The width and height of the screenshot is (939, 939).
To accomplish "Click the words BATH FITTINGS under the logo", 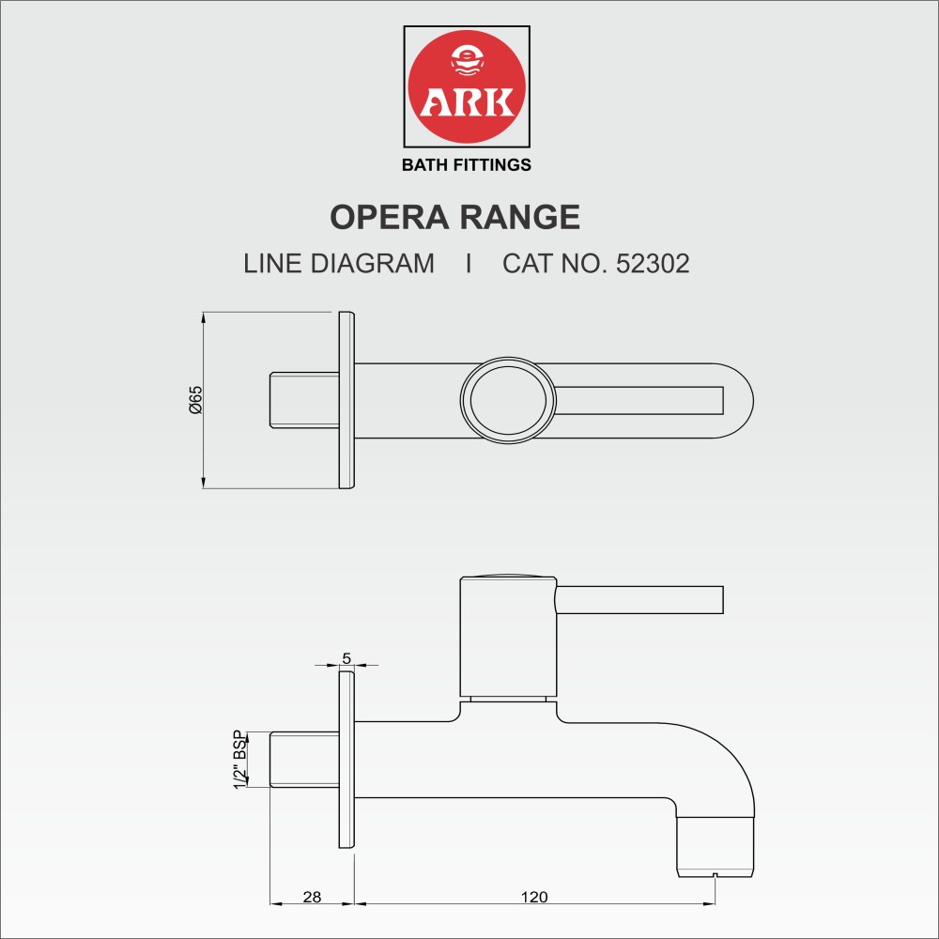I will coord(467,165).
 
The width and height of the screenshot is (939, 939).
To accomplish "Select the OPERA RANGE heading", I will coord(454,217).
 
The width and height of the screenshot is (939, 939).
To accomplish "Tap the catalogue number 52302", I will coord(653,263).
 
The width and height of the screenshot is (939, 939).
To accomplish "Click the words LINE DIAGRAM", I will coord(339,263).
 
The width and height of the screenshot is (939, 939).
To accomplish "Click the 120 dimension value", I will coord(533,897).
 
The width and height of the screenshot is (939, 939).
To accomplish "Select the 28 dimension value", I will coord(312,897).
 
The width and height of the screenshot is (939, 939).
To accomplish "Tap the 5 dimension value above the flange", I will coord(346,659).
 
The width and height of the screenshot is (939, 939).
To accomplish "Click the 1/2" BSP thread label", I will coord(240,759).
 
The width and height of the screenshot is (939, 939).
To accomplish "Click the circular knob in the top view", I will coord(508,400).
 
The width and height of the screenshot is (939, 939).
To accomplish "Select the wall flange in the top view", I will coord(346,400).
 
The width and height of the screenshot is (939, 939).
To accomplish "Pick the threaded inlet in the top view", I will coord(303,400).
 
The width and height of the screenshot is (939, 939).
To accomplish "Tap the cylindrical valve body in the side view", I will coord(508,639).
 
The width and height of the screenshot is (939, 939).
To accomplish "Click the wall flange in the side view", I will coord(346,759).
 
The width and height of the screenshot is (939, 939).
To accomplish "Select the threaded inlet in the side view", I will coord(303,759).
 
